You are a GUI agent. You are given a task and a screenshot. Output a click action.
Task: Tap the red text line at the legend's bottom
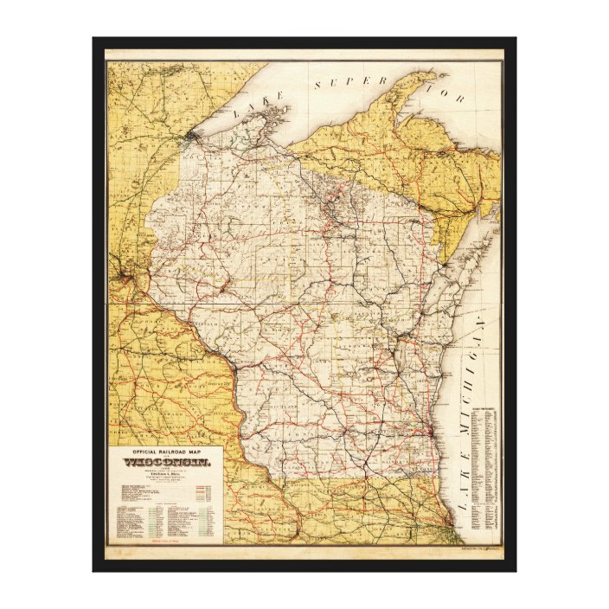point(164,541)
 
